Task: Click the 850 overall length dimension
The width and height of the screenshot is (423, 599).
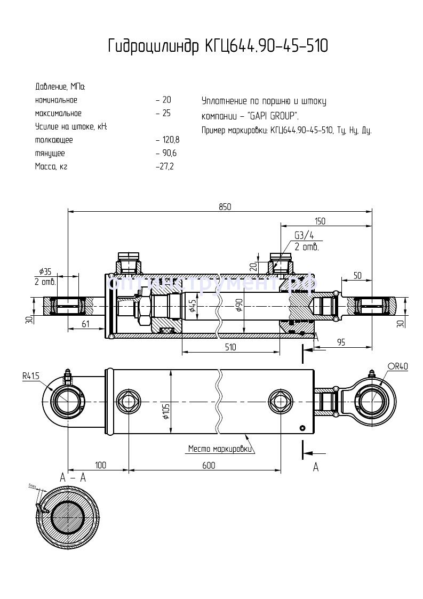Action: coord(225,207)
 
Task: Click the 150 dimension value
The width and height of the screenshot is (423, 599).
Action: coord(320,221)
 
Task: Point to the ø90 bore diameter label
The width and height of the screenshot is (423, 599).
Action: coord(240,307)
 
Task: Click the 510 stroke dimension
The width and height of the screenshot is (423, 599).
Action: coord(230,347)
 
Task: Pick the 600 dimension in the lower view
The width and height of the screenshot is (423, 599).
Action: coord(209,466)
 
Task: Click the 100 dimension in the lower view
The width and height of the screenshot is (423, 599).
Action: coord(100,466)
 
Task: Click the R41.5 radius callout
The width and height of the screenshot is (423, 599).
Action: coord(31,376)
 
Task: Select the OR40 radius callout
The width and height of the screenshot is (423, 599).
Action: coord(397,366)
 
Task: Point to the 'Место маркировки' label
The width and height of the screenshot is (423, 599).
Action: coord(219,449)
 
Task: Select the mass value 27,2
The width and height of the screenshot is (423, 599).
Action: coord(165,166)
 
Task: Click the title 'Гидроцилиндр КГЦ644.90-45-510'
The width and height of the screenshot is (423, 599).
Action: coord(218,46)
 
